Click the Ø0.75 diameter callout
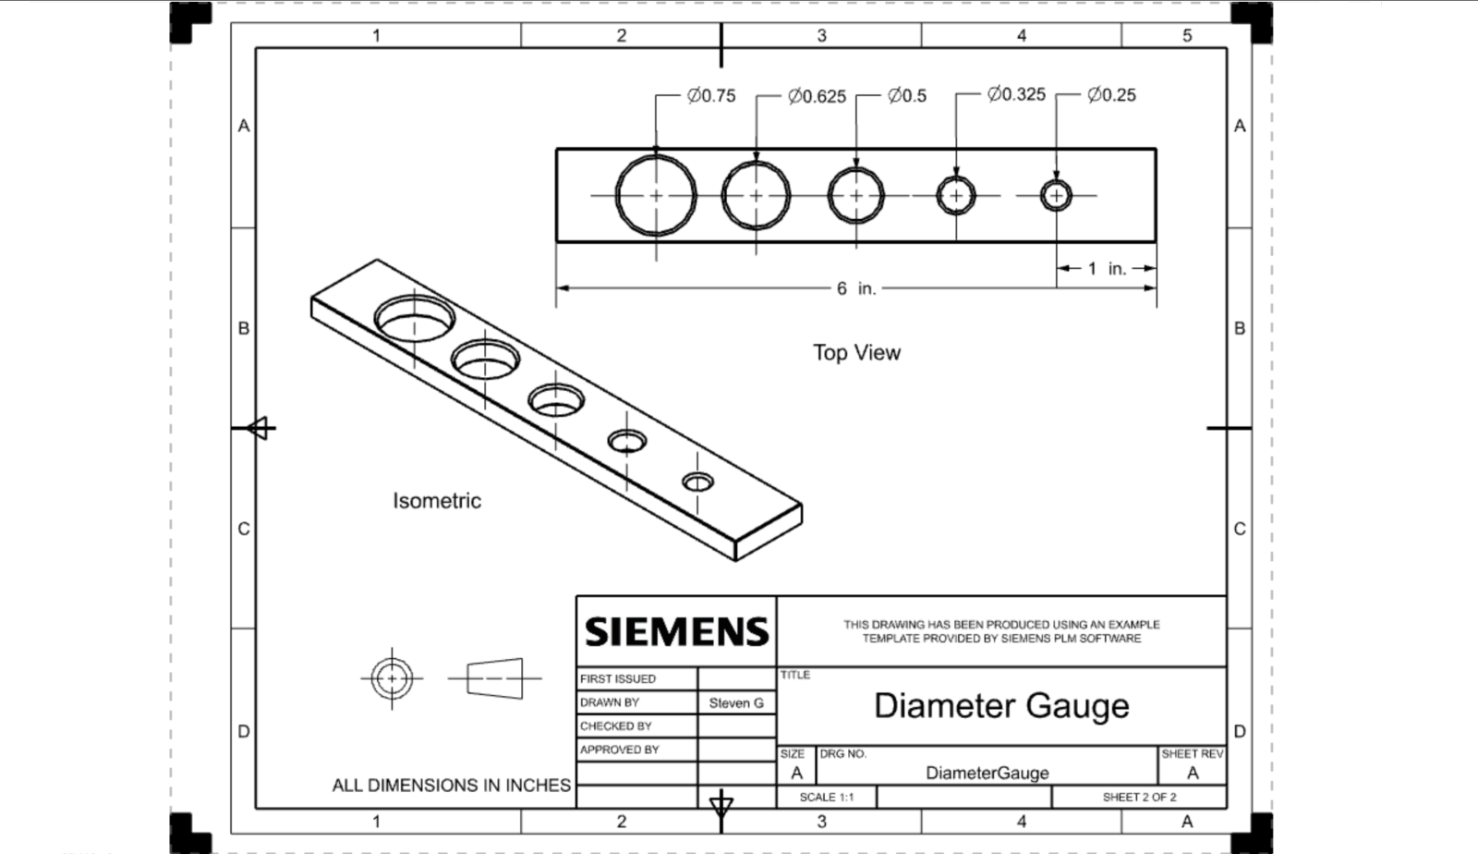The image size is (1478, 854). [x=710, y=96]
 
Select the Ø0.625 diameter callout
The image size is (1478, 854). [x=817, y=96]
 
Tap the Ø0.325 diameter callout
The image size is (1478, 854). [x=1016, y=94]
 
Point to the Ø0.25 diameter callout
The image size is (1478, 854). [x=1112, y=95]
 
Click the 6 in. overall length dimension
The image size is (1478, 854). [x=856, y=288]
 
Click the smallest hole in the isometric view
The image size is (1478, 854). [x=697, y=482]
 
